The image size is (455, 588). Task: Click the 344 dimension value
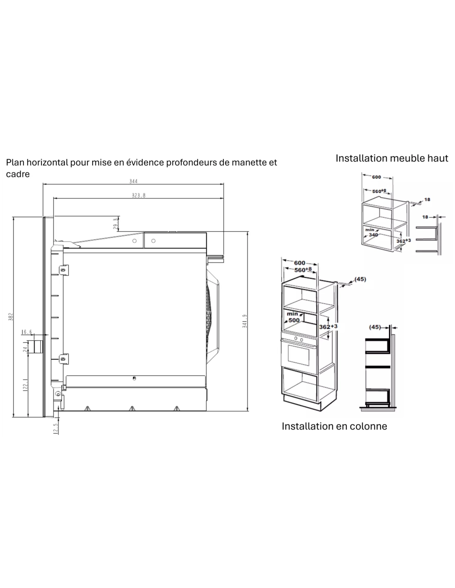point(133,181)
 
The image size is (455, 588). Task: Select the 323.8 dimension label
point(139,195)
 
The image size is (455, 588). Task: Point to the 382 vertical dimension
point(11,317)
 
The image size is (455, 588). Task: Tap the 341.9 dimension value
point(244,321)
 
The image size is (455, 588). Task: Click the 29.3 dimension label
point(115,224)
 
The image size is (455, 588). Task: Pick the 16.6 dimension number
point(27,332)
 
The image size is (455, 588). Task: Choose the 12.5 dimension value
point(56,429)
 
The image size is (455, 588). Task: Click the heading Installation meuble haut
point(392,158)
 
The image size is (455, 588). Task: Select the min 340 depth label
point(371,232)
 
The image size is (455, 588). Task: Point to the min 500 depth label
point(293,317)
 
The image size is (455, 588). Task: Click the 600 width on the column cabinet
point(299,263)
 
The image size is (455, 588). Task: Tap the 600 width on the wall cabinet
point(376,177)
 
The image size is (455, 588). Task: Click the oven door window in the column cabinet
point(299,355)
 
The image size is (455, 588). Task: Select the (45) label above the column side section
point(375,327)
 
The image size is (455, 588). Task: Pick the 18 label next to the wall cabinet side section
point(425,217)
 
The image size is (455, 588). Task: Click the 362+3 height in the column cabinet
point(328,327)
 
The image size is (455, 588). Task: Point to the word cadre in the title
point(18,174)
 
